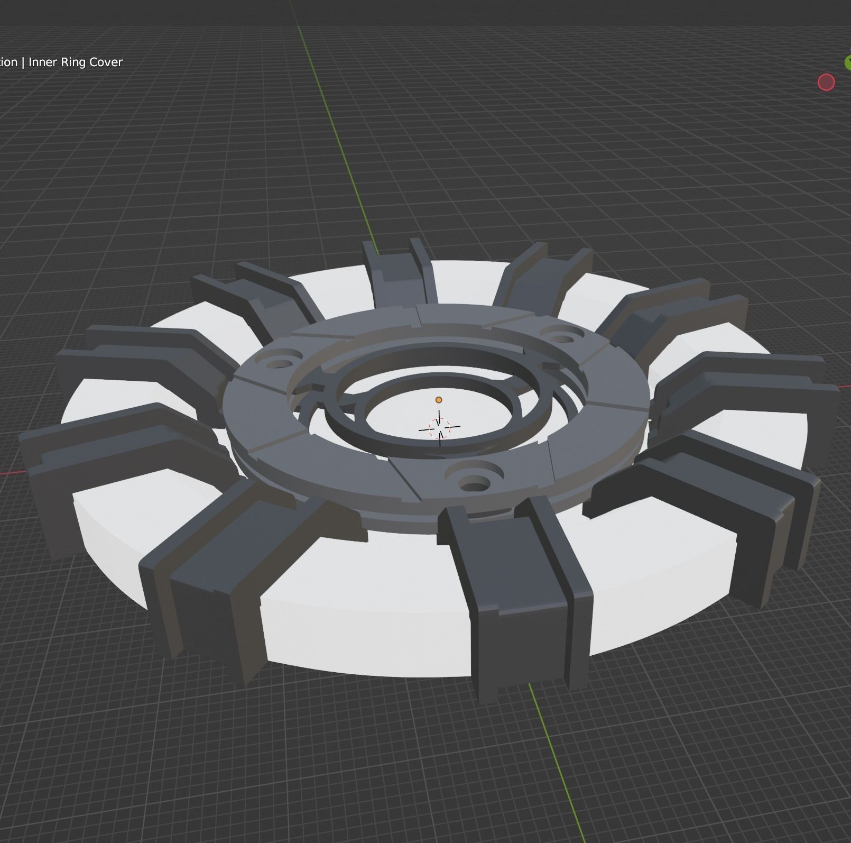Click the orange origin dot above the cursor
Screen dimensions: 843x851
point(438,400)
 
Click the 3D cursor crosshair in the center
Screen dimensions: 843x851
point(439,427)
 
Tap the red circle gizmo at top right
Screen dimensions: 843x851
point(826,83)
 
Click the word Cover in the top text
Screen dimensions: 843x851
point(106,62)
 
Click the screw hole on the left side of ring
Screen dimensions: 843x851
point(281,364)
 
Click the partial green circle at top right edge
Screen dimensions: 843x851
point(847,62)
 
